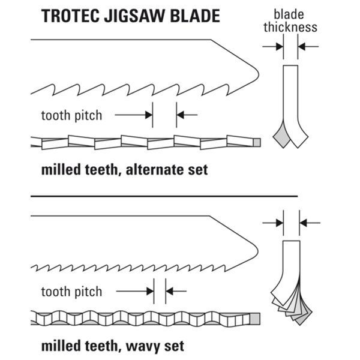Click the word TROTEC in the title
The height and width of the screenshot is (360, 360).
(x=70, y=16)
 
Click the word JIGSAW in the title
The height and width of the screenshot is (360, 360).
(x=134, y=16)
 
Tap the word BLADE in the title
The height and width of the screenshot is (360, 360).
(x=195, y=16)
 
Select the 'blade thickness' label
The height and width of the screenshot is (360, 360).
(x=290, y=21)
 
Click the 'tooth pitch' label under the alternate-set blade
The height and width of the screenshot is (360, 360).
(x=71, y=115)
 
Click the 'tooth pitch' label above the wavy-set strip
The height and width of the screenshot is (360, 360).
(x=71, y=292)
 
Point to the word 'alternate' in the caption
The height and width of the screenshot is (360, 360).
(x=155, y=170)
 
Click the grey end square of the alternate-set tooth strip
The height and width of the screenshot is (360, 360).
(x=257, y=143)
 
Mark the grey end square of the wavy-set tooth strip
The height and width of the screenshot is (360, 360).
(x=255, y=319)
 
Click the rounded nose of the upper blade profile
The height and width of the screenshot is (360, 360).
(x=258, y=75)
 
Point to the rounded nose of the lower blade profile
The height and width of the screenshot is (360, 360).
(x=257, y=251)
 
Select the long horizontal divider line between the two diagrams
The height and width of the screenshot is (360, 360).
(x=164, y=196)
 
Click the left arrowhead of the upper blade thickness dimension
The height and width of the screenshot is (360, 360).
(x=280, y=47)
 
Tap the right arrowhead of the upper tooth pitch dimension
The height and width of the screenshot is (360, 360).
(x=180, y=115)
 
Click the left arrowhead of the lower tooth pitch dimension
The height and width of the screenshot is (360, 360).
(x=151, y=291)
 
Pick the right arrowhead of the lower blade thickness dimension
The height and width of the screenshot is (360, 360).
(x=303, y=223)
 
